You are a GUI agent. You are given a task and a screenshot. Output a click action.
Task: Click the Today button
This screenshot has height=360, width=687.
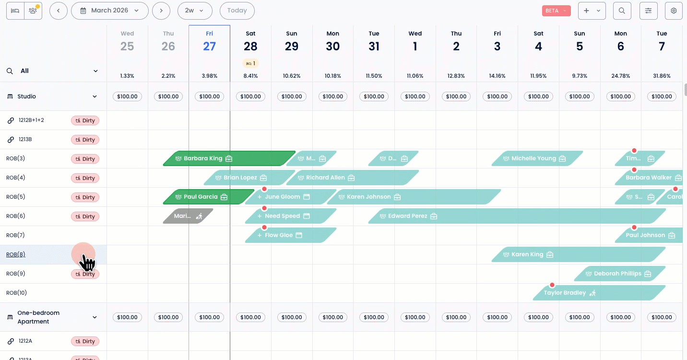pos(237,11)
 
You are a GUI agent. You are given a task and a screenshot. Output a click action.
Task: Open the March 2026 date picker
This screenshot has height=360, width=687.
pos(109,11)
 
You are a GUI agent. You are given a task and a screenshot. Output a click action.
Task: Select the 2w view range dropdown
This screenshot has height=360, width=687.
pos(194,11)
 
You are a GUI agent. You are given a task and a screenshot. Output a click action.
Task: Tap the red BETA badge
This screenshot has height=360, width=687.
pos(556,11)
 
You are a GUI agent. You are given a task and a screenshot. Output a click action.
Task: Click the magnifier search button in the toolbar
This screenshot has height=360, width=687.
pos(622,11)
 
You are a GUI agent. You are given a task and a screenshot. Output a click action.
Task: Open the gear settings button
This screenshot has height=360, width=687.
pos(674,11)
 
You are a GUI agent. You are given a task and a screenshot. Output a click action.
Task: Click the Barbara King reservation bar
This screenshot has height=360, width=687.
pos(225,158)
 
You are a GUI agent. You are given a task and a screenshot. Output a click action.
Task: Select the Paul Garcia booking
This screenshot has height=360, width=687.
pos(206,197)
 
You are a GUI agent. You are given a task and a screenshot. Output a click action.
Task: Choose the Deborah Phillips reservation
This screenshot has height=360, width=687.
pos(619,274)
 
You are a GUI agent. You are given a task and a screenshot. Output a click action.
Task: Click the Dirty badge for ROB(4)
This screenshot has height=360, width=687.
pos(85,178)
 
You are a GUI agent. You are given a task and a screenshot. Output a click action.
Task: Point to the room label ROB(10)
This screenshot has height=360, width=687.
pos(16,293)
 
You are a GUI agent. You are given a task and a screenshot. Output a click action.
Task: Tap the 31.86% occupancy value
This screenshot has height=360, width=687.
pos(662,76)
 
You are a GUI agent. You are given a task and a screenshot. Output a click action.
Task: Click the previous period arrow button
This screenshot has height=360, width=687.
pos(58,11)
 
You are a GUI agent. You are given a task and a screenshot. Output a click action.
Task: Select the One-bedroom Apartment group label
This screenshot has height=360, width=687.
pos(38,317)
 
